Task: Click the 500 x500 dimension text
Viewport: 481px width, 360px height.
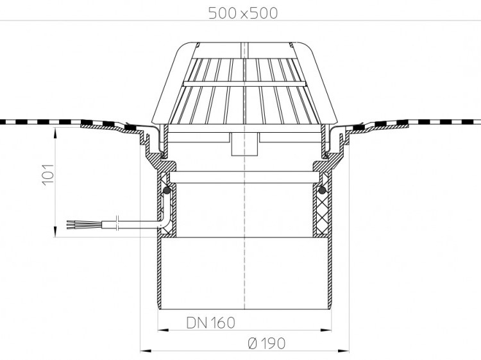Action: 243,13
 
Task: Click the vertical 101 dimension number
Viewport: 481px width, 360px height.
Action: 48,175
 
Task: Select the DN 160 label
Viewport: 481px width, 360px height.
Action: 211,323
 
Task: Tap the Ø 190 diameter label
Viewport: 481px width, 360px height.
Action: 266,343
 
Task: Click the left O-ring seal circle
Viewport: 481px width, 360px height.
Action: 167,191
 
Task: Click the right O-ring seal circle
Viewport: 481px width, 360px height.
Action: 322,191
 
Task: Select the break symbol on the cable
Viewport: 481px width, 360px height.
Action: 117,223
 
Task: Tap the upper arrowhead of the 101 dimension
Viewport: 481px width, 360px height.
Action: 55,132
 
